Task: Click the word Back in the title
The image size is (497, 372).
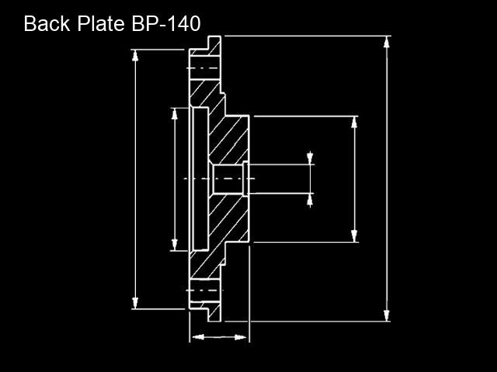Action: coord(47,24)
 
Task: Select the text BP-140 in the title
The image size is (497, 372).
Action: coord(166,24)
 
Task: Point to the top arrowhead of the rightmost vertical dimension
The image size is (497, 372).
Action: coord(387,42)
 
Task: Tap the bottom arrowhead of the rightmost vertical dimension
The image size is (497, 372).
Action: coord(387,315)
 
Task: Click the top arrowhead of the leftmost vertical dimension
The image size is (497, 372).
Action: coord(135,56)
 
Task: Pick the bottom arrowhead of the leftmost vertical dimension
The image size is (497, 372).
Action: coord(135,303)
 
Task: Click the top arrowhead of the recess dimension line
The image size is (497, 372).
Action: coord(174,114)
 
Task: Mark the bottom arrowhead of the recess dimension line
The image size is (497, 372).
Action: coord(174,245)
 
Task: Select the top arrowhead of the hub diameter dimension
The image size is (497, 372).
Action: coord(354,122)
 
